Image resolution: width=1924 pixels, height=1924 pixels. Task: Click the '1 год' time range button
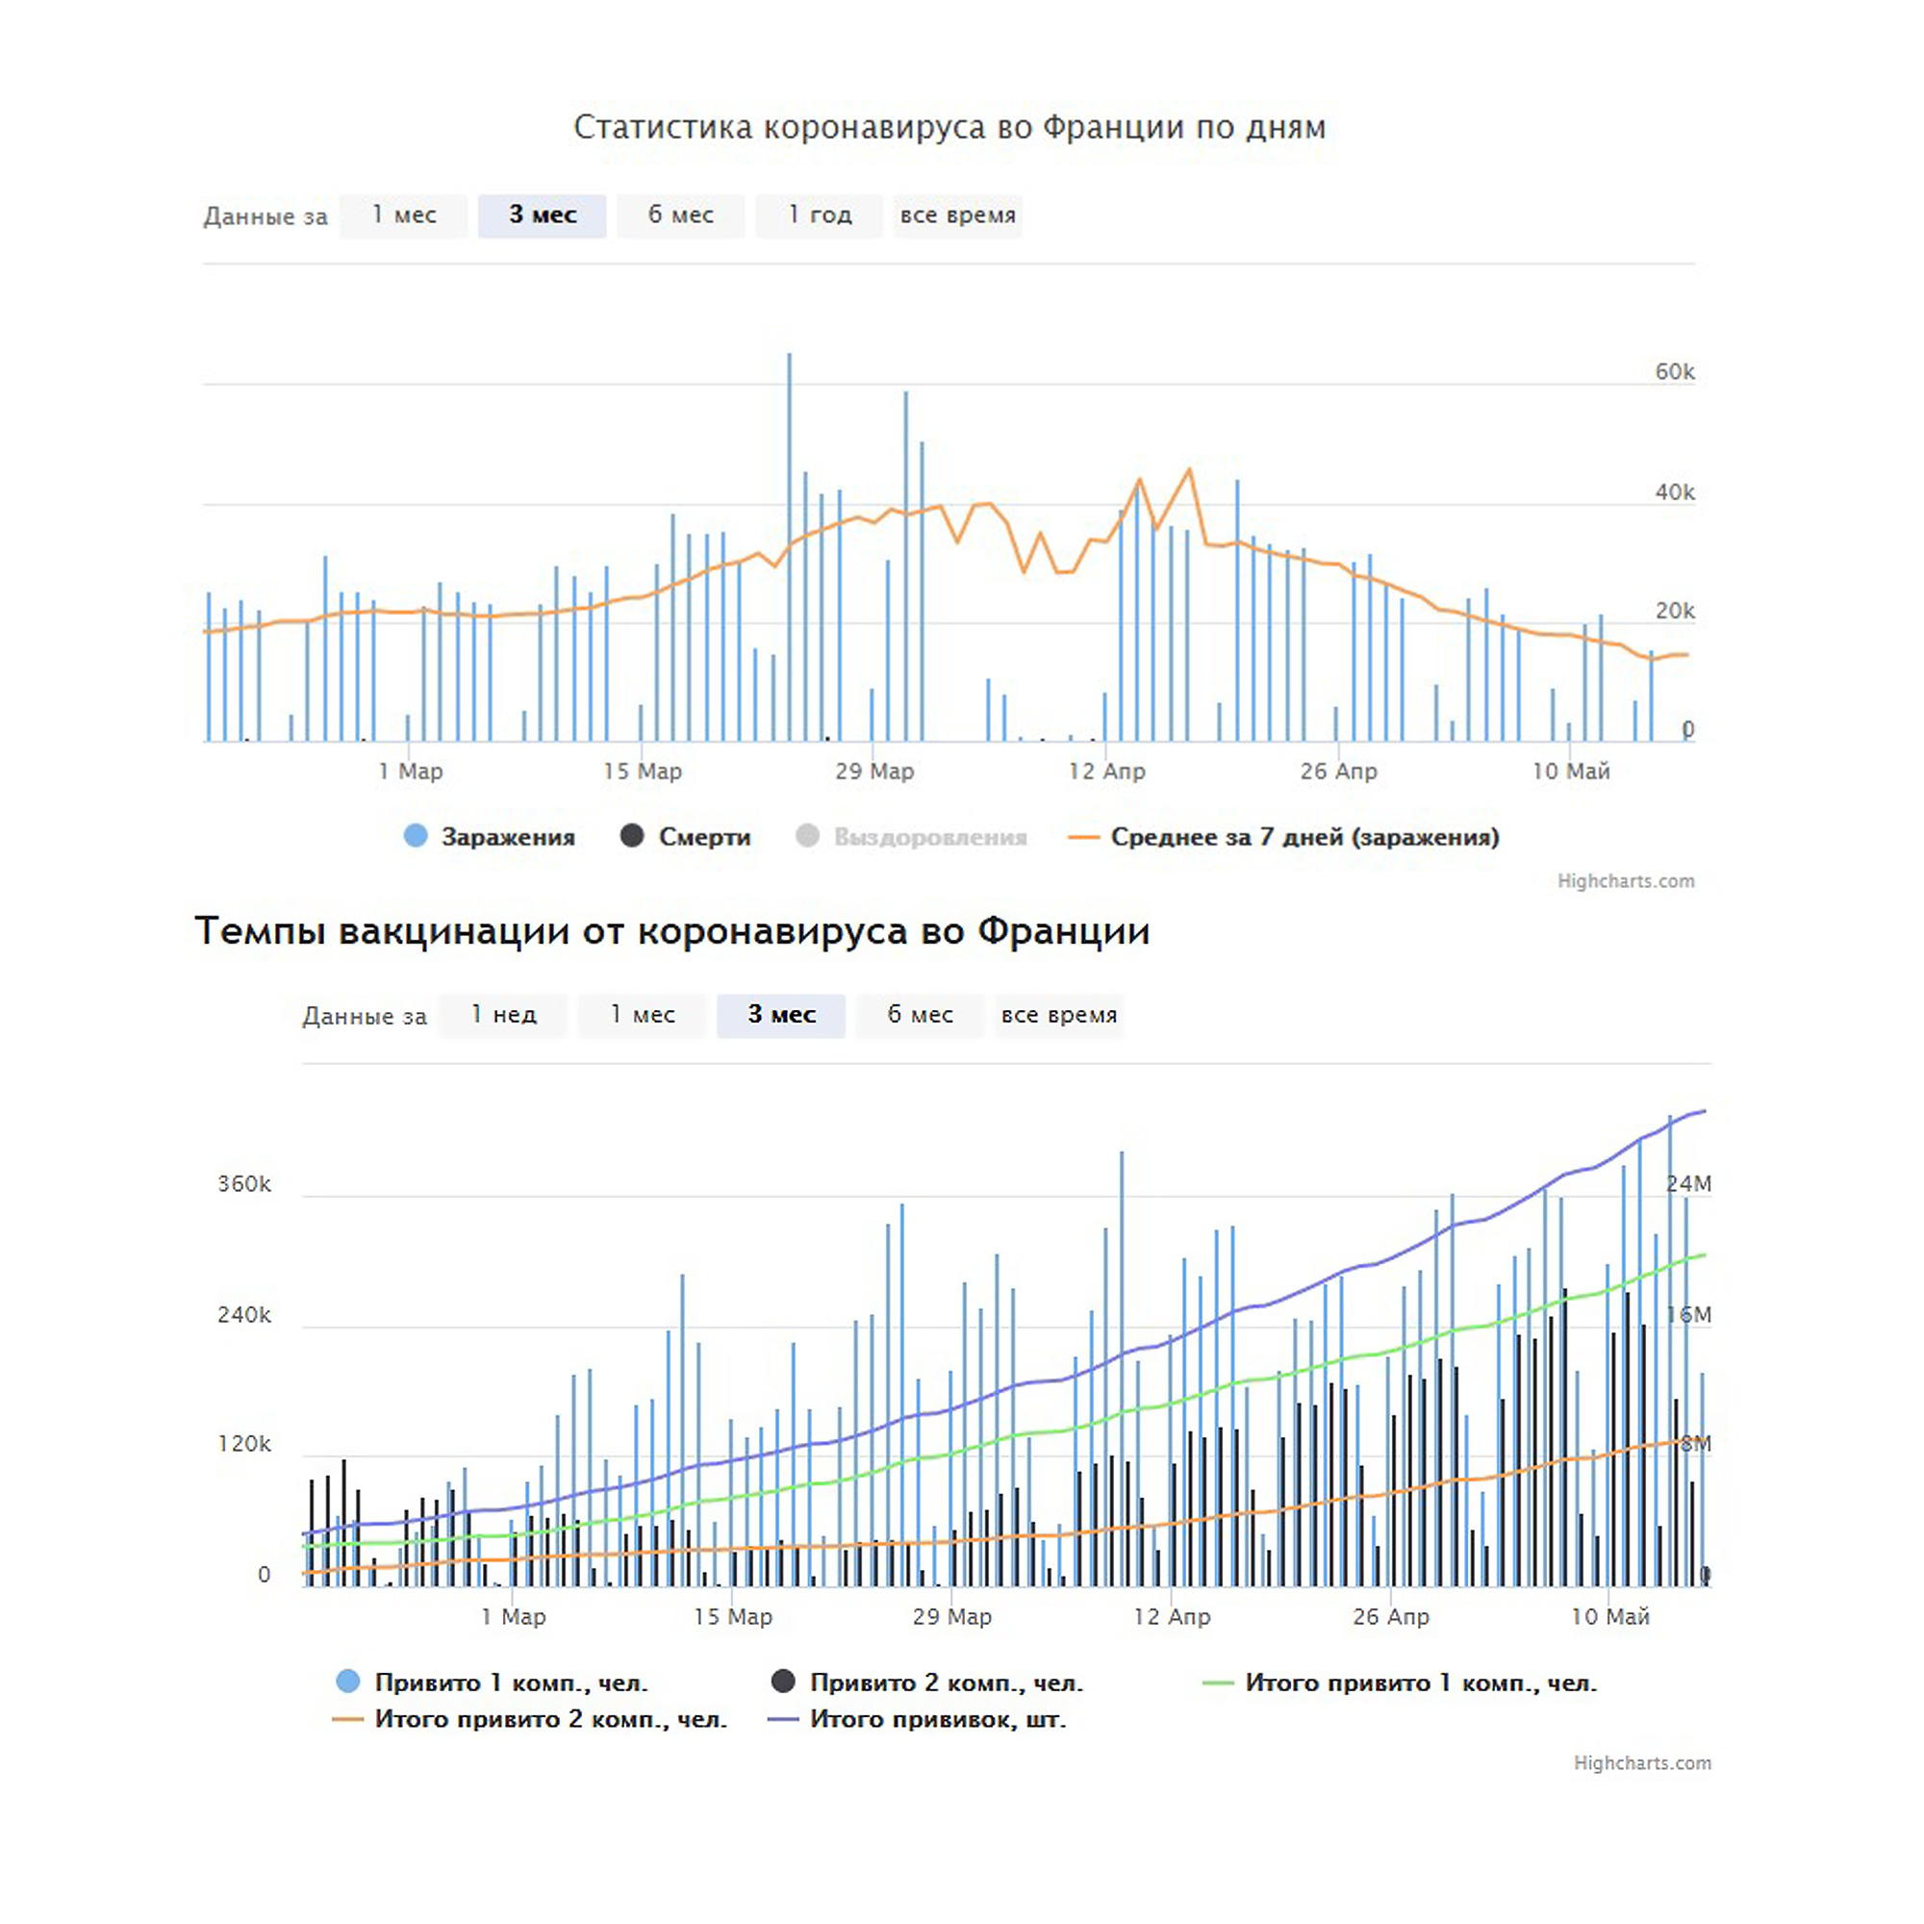pyautogui.click(x=819, y=215)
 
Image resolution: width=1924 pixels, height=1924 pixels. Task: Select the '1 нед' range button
pyautogui.click(x=503, y=1015)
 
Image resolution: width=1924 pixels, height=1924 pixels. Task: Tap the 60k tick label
pyautogui.click(x=1674, y=371)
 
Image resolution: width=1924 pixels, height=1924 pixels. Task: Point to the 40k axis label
pyautogui.click(x=1674, y=492)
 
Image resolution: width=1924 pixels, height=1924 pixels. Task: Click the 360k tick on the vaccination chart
pyautogui.click(x=244, y=1183)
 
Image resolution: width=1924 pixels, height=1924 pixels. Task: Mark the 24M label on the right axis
pyautogui.click(x=1689, y=1183)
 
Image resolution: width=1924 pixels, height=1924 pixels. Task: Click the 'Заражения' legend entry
pyautogui.click(x=489, y=837)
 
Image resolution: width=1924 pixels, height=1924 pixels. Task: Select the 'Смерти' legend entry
pyautogui.click(x=685, y=837)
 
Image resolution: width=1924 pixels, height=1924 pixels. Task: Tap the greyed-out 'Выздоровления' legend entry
pyautogui.click(x=911, y=837)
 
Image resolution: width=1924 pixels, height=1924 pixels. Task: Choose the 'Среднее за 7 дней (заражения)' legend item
pyautogui.click(x=1283, y=837)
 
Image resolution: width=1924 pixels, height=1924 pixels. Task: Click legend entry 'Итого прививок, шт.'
pyautogui.click(x=917, y=1719)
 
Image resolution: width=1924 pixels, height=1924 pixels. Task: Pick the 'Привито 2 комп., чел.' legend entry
pyautogui.click(x=927, y=1682)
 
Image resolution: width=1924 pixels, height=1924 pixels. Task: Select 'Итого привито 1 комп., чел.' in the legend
pyautogui.click(x=1400, y=1682)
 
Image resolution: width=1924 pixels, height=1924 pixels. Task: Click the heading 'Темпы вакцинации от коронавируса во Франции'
pyautogui.click(x=672, y=930)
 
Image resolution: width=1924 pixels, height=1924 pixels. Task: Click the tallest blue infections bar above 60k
pyautogui.click(x=790, y=546)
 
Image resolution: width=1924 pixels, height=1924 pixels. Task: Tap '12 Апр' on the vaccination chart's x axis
pyautogui.click(x=1171, y=1615)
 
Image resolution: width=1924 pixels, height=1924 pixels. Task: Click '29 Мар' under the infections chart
pyautogui.click(x=874, y=771)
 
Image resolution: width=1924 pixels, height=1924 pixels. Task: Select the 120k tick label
pyautogui.click(x=244, y=1443)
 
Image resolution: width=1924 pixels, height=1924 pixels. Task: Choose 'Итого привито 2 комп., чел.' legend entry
pyautogui.click(x=530, y=1719)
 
